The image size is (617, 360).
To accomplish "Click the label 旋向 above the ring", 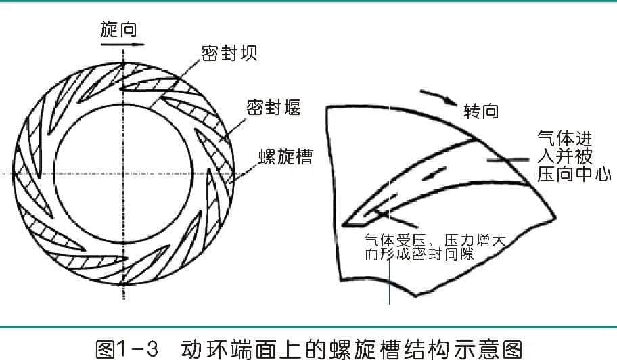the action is point(118,30).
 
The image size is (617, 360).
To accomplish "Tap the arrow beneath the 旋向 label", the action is point(122,44).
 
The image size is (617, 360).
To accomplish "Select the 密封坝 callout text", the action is point(229,53).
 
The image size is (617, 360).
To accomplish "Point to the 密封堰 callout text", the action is point(273,107).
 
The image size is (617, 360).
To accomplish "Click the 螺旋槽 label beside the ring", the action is point(285,156).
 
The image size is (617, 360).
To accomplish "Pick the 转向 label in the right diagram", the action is point(481,111).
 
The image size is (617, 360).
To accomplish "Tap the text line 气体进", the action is point(565,139).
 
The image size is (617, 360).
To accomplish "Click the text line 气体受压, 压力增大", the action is point(435,240).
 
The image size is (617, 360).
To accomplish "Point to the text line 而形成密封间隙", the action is point(419,254).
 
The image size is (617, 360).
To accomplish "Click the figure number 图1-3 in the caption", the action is point(127,348).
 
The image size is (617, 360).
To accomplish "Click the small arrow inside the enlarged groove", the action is point(434,173).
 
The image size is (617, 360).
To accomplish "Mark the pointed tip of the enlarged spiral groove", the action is point(344,225).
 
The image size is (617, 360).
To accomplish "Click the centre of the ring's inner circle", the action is point(124,173).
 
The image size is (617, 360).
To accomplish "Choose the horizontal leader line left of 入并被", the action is point(508,160).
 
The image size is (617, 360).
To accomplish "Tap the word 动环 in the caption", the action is point(202,348).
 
